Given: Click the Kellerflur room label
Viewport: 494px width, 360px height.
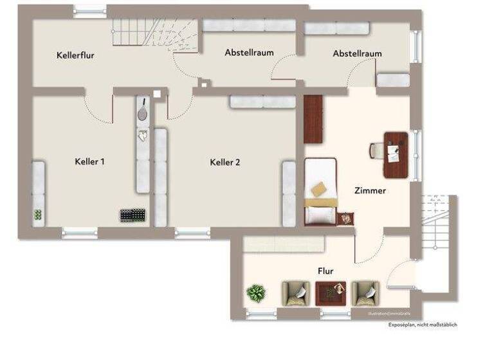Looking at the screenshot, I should (x=75, y=55).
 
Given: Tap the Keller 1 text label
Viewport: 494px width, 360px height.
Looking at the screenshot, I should (x=89, y=162).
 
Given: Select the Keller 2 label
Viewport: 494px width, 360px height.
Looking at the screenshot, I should (x=224, y=163).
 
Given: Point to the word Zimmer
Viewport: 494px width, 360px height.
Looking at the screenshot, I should (x=370, y=191).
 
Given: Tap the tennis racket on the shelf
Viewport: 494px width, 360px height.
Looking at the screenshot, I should (x=142, y=109).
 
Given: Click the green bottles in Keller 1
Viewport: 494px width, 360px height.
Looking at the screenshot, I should (x=39, y=215).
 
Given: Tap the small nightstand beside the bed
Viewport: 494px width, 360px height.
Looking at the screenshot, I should (x=347, y=219).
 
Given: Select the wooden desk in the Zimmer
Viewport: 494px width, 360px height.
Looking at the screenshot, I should (x=396, y=154).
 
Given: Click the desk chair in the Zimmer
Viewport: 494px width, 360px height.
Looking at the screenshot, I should (x=377, y=150).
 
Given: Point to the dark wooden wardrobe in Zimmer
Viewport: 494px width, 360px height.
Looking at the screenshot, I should (x=313, y=119).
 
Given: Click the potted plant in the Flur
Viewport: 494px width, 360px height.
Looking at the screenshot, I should (x=256, y=294).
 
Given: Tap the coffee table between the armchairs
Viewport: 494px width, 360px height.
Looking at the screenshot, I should (x=331, y=293).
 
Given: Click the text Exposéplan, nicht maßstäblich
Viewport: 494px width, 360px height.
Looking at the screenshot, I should (x=422, y=325).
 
